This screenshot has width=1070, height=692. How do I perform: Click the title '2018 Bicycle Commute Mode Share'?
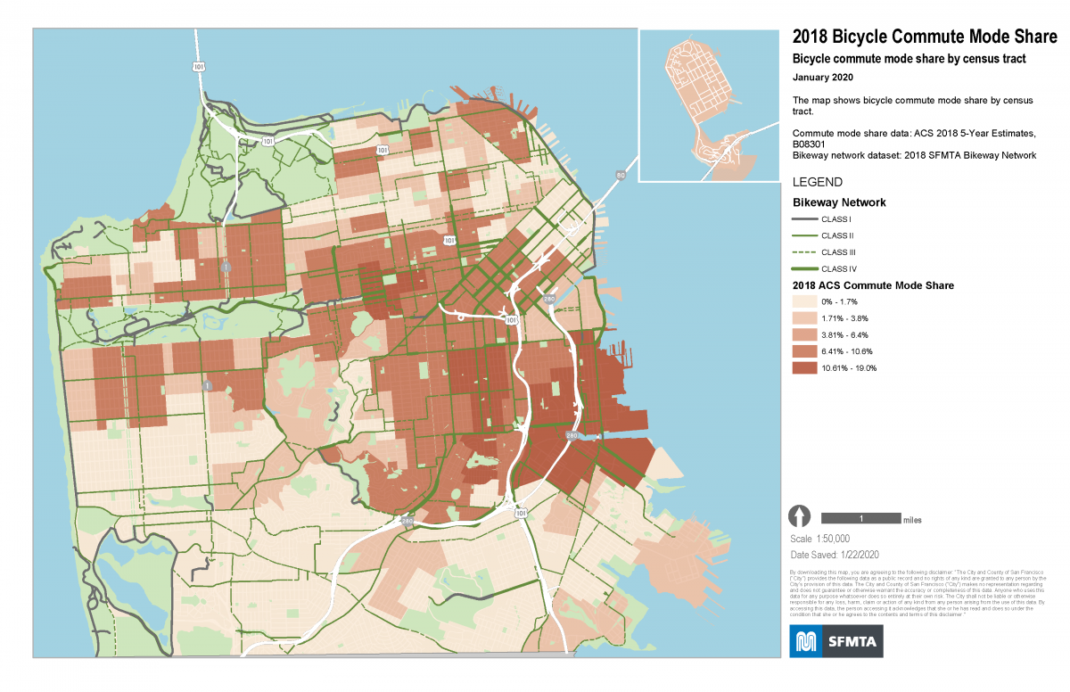tap(924, 37)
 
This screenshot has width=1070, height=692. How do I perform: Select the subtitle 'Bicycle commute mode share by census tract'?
tap(909, 59)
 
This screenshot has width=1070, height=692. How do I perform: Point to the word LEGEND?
tap(817, 182)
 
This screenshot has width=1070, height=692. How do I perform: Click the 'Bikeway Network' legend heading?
tap(839, 202)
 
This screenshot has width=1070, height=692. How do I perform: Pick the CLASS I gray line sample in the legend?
tap(802, 219)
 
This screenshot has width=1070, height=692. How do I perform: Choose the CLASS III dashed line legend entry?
tap(802, 252)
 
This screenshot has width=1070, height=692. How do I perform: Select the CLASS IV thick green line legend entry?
tap(802, 268)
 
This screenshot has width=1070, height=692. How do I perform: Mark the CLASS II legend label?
tap(837, 236)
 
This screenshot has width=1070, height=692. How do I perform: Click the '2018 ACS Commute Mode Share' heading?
tap(874, 285)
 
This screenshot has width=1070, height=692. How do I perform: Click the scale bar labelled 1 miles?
tap(860, 518)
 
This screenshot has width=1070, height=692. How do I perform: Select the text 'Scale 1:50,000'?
tap(820, 539)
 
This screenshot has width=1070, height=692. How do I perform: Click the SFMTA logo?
tap(836, 641)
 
